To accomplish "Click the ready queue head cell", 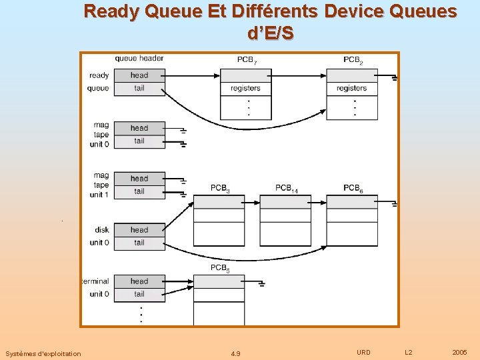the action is [139, 75].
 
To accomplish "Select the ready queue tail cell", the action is [139, 88].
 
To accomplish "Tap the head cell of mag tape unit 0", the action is [139, 128].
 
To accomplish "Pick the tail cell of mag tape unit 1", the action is [139, 191].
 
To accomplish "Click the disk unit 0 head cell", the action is [139, 230].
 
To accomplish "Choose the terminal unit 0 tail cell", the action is [139, 294].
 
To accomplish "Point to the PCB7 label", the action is [246, 60].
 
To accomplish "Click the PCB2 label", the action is [353, 60].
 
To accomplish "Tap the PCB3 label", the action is [220, 189].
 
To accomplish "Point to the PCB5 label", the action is [220, 269].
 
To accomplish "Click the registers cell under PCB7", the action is [245, 88].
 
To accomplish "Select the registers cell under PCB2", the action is [351, 88].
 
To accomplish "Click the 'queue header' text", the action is [139, 58].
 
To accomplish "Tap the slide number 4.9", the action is [235, 353].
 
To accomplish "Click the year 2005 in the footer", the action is [459, 352].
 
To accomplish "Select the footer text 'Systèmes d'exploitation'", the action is [43, 353].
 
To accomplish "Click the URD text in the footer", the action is [363, 352].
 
